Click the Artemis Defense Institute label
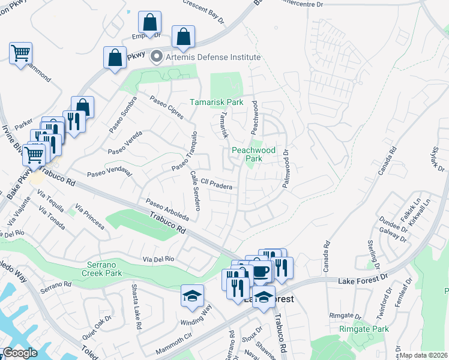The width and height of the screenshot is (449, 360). [x=214, y=57]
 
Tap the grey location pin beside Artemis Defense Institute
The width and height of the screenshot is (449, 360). [x=157, y=57]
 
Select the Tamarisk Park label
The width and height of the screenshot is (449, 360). [x=217, y=102]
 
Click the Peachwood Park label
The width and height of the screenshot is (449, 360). [x=255, y=154]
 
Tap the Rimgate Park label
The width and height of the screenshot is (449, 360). [x=364, y=329]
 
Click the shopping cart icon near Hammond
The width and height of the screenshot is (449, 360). [x=21, y=53]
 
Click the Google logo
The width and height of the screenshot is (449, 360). [x=20, y=353]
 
